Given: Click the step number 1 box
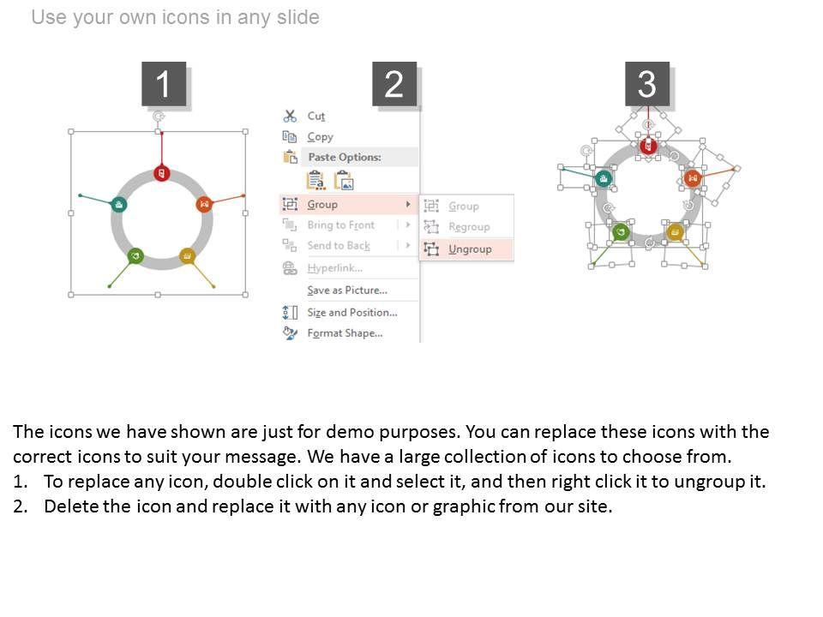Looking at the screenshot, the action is [164, 84].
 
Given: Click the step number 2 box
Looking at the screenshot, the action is [394, 84].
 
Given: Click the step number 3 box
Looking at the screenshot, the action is [647, 84].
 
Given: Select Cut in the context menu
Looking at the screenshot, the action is [316, 116].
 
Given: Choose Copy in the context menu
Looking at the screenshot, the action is [320, 137].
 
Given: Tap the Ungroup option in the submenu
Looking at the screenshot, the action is [470, 249].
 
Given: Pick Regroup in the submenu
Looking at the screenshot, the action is [469, 226].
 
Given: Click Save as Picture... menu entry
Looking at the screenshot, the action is [347, 291].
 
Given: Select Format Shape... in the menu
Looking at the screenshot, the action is [345, 333].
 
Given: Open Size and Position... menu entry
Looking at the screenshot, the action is [352, 312].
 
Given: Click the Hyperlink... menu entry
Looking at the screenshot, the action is [334, 268].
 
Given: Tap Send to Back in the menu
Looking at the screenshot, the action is [339, 246].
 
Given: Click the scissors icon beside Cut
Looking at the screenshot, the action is [290, 116].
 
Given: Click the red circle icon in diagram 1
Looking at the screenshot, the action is [162, 173].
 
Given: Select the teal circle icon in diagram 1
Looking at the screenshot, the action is [119, 204].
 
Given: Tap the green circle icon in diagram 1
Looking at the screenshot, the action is [135, 255].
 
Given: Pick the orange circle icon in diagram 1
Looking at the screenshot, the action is [204, 204].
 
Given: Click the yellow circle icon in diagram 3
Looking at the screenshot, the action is [675, 231].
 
